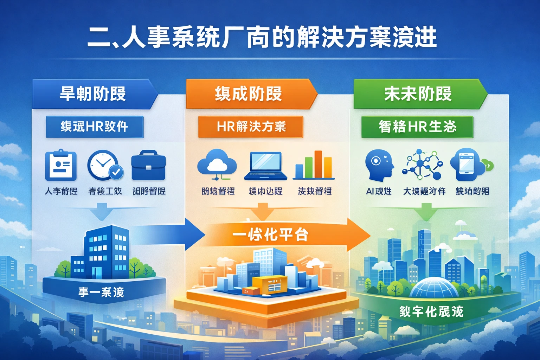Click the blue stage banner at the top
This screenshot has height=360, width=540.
(x=93, y=94)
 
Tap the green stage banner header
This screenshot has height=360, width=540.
(x=418, y=94)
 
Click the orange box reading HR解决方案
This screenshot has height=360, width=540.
(x=251, y=127)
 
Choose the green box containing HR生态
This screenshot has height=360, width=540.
(x=417, y=127)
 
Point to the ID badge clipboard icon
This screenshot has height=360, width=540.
(x=61, y=165)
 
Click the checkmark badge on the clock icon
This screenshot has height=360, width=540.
(x=116, y=172)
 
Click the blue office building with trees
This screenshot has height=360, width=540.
(x=105, y=253)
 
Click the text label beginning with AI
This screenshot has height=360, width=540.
(x=379, y=191)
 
